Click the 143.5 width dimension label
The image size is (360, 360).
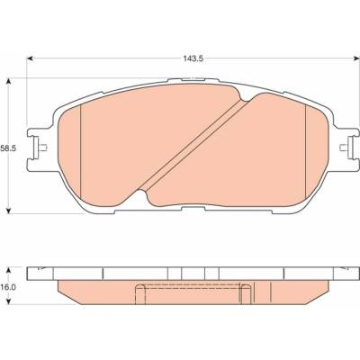(193, 58)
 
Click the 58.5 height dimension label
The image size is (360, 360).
(8, 148)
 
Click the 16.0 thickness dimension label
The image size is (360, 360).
(8, 287)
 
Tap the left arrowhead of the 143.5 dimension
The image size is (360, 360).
(30, 58)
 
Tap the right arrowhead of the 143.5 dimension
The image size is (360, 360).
(356, 58)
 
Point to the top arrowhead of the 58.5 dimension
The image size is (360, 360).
(9, 81)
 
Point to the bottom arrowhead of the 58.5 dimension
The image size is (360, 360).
(9, 211)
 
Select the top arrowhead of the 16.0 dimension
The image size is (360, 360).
(9, 269)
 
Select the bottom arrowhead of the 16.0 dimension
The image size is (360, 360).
(9, 301)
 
